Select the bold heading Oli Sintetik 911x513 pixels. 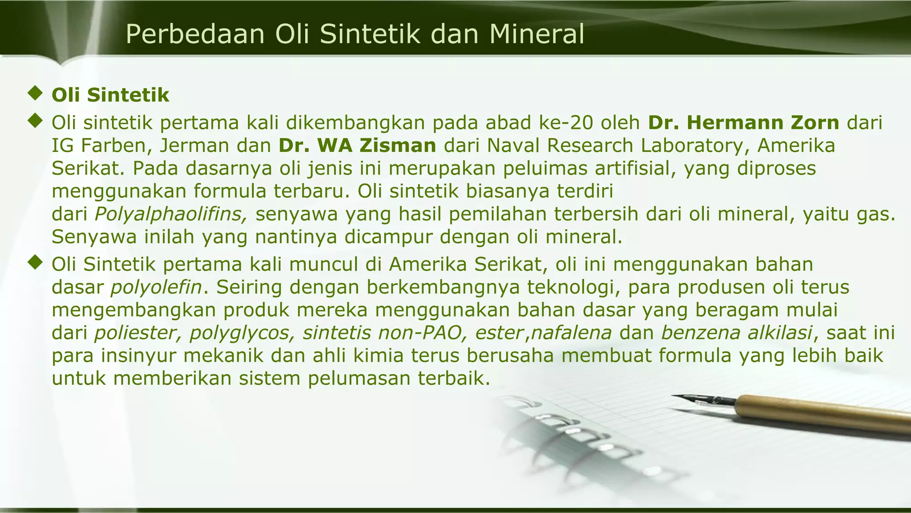(110, 95)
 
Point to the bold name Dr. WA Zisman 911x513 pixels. (358, 146)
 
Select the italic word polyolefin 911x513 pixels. (156, 287)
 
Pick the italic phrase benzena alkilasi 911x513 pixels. (737, 333)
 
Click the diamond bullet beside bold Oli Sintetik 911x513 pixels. (34, 94)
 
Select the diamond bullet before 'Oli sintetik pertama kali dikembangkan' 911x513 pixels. (34, 121)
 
